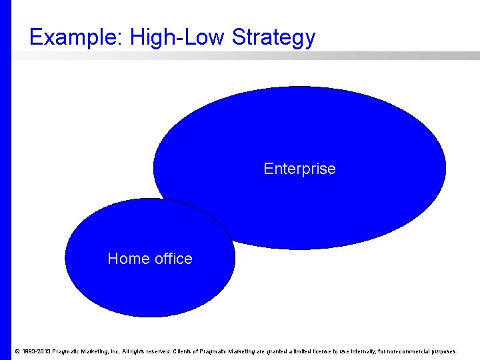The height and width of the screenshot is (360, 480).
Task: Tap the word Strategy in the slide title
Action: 274,37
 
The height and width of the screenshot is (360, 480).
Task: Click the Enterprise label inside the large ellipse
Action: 299,169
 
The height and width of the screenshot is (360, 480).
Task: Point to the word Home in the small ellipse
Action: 127,259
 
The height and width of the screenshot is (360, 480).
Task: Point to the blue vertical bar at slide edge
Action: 5,180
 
